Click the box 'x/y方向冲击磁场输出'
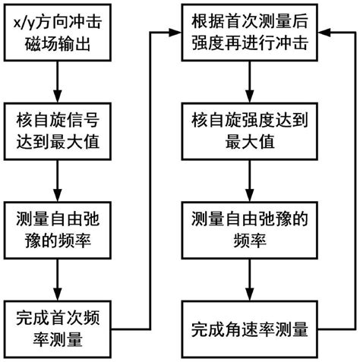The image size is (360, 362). coord(58,33)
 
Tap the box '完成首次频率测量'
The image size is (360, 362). coord(58,329)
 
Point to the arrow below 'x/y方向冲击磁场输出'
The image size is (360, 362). coord(58,80)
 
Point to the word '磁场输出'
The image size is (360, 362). coord(58,44)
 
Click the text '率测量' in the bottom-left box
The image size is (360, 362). coord(58,341)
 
